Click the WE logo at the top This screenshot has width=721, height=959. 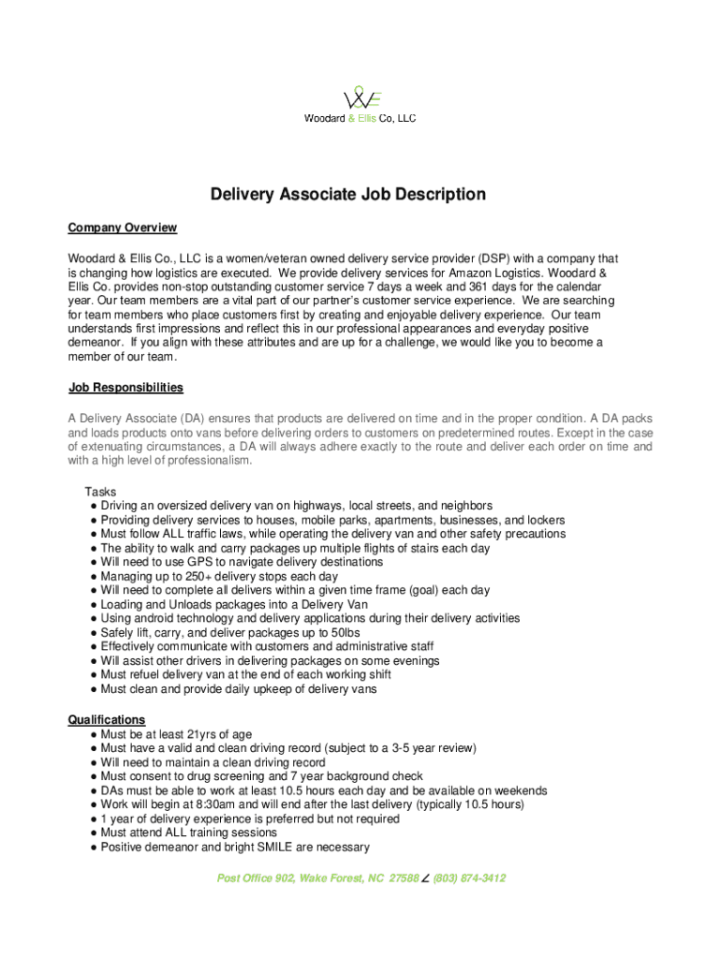pyautogui.click(x=360, y=98)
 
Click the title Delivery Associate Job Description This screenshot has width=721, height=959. pyautogui.click(x=347, y=195)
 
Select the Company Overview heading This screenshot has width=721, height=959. pyautogui.click(x=122, y=228)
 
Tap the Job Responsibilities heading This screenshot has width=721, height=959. pyautogui.click(x=125, y=388)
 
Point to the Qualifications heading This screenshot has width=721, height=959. pyautogui.click(x=106, y=719)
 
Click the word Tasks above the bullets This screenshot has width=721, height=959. pyautogui.click(x=100, y=492)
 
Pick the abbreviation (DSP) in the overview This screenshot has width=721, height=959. pyautogui.click(x=496, y=258)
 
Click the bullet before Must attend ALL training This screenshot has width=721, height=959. pyautogui.click(x=94, y=833)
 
